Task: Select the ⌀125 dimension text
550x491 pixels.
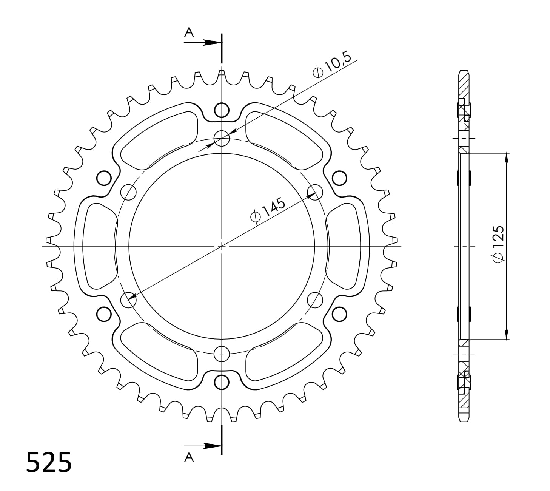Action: pos(498,244)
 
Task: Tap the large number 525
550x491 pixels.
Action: pos(49,463)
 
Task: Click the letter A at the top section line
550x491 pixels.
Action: pos(189,32)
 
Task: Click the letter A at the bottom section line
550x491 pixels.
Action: pos(189,457)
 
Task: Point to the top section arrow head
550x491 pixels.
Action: pos(212,43)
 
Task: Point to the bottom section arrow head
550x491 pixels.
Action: pos(212,446)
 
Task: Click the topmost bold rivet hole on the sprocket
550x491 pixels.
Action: pos(222,110)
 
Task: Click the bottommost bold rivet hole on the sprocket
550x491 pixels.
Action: pos(222,382)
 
